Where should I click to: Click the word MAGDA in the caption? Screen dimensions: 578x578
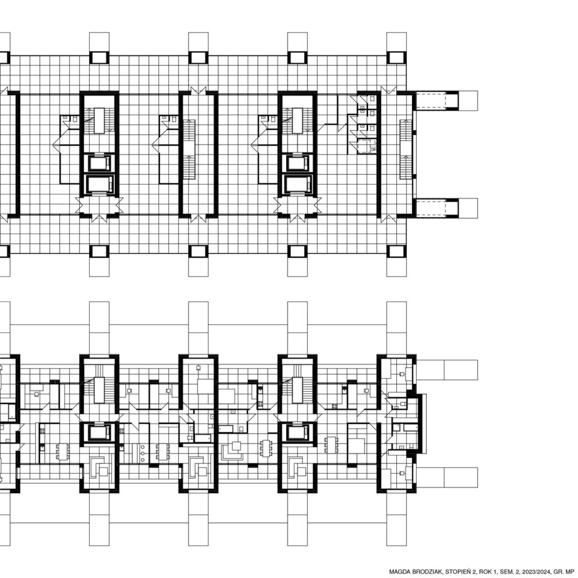398,572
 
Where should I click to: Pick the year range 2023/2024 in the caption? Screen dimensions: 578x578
537,572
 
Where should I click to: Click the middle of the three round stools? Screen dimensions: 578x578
143,453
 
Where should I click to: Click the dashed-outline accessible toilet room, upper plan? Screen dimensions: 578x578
367,146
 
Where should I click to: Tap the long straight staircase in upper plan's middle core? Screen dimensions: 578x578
189,149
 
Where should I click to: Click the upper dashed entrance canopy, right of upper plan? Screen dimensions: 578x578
437,100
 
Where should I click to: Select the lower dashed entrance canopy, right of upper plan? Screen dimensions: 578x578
437,208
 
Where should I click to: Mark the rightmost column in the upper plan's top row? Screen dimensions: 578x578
396,58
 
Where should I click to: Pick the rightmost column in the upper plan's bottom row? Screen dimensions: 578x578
396,251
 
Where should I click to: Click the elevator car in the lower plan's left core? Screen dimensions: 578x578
99,432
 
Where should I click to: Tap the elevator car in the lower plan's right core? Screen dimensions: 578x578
297,432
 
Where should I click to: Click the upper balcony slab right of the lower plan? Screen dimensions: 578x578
447,370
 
